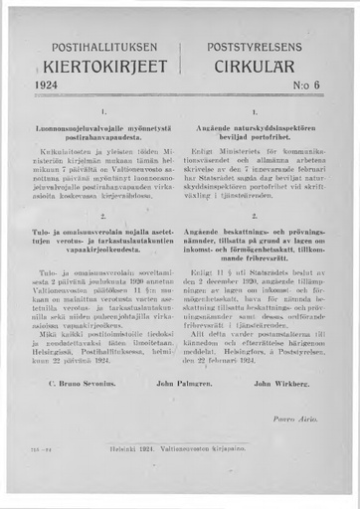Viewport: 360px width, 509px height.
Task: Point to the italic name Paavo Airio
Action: (x=297, y=409)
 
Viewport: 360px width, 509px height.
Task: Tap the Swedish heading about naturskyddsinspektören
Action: (x=255, y=138)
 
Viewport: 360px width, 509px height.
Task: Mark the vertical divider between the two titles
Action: (x=180, y=60)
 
